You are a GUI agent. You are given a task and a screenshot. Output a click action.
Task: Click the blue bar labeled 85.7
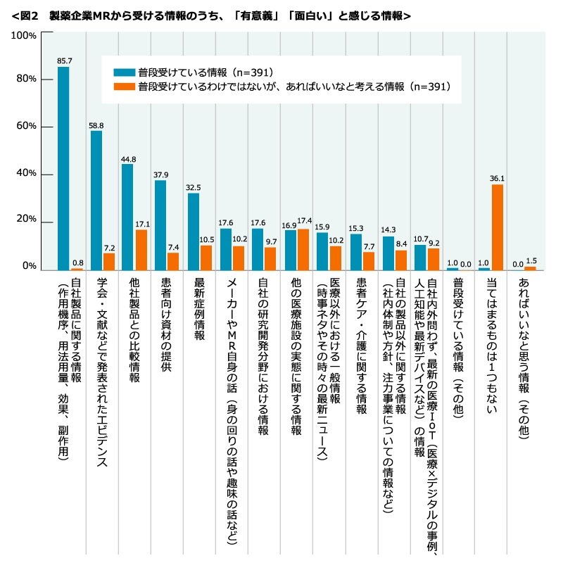tap(63, 168)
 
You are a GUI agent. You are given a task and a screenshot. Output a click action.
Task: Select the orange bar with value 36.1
tap(498, 227)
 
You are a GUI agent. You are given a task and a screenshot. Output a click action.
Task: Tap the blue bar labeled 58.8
tap(96, 201)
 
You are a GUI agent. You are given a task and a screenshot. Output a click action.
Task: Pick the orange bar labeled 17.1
tap(141, 250)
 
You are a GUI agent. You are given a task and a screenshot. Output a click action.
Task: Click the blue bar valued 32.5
tap(194, 232)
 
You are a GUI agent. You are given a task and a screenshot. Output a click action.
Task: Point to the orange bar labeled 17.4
tap(303, 250)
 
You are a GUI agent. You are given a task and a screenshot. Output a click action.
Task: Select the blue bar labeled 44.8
tap(127, 217)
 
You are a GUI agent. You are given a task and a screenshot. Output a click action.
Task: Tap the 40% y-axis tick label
tap(26, 173)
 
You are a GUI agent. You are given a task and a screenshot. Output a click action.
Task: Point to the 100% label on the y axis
tap(24, 36)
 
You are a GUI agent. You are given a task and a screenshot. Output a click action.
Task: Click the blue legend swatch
tap(125, 72)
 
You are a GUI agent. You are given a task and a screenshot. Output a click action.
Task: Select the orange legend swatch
tap(125, 87)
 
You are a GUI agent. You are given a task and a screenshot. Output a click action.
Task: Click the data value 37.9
tap(161, 175)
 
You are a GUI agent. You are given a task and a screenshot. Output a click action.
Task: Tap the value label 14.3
tap(388, 230)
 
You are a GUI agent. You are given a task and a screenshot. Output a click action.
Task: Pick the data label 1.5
tap(531, 261)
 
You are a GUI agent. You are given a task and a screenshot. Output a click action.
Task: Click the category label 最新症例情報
tap(200, 309)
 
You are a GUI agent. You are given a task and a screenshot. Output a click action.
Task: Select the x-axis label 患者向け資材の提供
tap(166, 324)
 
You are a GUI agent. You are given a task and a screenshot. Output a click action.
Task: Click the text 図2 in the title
tap(30, 16)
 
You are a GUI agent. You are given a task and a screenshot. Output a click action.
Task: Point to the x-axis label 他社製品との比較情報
tap(134, 330)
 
